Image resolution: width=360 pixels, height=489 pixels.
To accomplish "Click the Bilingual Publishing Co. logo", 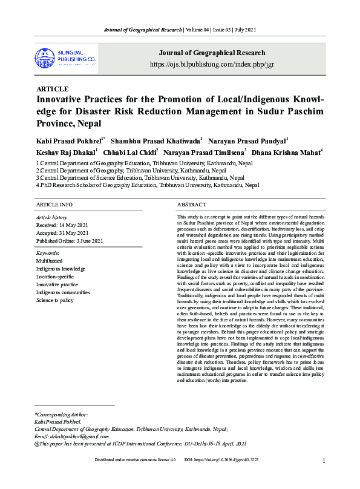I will pyautogui.click(x=65, y=57).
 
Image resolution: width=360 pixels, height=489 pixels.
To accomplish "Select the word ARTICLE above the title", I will pyautogui.click(x=53, y=89).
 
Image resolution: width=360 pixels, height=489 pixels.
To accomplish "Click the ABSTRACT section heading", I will pyautogui.click(x=192, y=205).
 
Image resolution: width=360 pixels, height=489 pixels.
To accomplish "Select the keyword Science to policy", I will pyautogui.click(x=55, y=300).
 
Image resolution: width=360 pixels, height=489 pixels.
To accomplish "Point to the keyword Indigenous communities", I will pyautogui.click(x=62, y=292).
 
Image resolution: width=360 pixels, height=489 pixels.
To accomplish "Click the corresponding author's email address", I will pyautogui.click(x=72, y=436).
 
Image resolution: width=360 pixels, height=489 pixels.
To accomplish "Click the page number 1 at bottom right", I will pyautogui.click(x=324, y=461).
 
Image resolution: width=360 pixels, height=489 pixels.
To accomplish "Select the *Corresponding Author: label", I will pyautogui.click(x=62, y=415).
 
